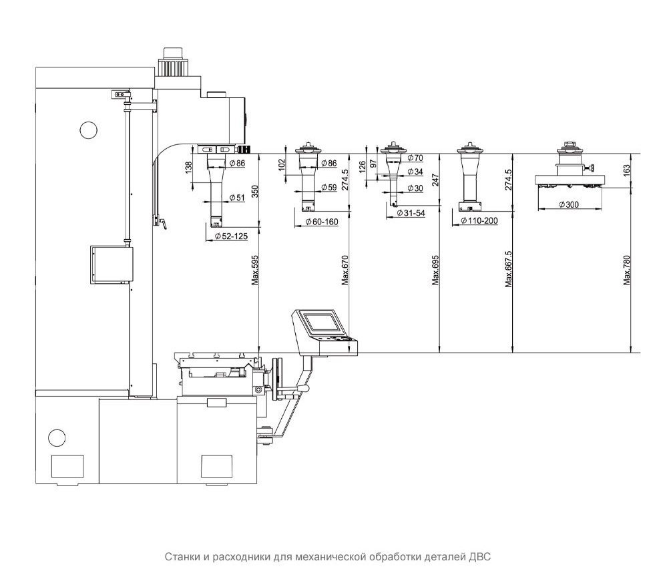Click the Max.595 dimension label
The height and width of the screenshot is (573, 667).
(x=255, y=270)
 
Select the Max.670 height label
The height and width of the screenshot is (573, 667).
(x=345, y=270)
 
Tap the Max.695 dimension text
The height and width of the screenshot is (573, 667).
(x=435, y=270)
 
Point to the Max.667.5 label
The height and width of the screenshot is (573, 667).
(x=509, y=269)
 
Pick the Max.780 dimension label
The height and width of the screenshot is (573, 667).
(x=626, y=270)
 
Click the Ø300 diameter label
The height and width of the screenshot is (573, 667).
(x=569, y=204)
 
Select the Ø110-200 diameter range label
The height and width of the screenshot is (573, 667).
(x=479, y=221)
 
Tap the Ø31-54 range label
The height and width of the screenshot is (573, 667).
(x=411, y=213)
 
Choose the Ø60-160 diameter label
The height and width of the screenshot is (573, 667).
(x=322, y=222)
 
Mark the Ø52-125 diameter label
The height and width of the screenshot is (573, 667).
(x=231, y=236)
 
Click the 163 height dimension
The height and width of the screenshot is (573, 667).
(x=626, y=170)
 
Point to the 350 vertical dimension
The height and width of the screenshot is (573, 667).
(x=255, y=191)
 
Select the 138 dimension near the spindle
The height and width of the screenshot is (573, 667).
(x=189, y=167)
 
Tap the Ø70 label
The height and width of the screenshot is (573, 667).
(x=415, y=158)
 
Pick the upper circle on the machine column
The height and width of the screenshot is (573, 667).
(x=89, y=130)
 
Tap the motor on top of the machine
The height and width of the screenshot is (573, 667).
(x=173, y=61)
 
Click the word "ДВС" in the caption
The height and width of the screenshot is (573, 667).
(x=481, y=557)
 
